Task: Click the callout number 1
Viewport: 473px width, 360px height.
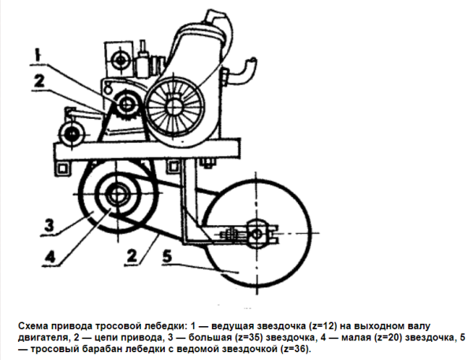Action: (x=37, y=55)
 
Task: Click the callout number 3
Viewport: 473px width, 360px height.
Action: (x=49, y=225)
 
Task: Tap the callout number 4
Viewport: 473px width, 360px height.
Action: (x=50, y=257)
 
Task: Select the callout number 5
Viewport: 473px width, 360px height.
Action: (x=167, y=257)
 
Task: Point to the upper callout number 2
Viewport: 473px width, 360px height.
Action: (x=39, y=81)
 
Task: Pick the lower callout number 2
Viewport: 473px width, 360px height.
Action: (x=132, y=256)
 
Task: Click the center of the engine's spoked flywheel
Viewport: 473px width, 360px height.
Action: (x=173, y=106)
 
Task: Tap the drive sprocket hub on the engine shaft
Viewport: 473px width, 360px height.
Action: (x=126, y=104)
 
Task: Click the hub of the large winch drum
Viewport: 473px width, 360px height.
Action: (x=257, y=234)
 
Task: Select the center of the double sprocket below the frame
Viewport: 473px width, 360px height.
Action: (x=117, y=195)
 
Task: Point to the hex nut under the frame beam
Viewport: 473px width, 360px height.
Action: (x=208, y=163)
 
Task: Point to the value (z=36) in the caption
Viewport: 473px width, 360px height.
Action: (x=296, y=349)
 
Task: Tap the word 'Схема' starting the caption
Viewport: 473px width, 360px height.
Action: (x=32, y=326)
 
